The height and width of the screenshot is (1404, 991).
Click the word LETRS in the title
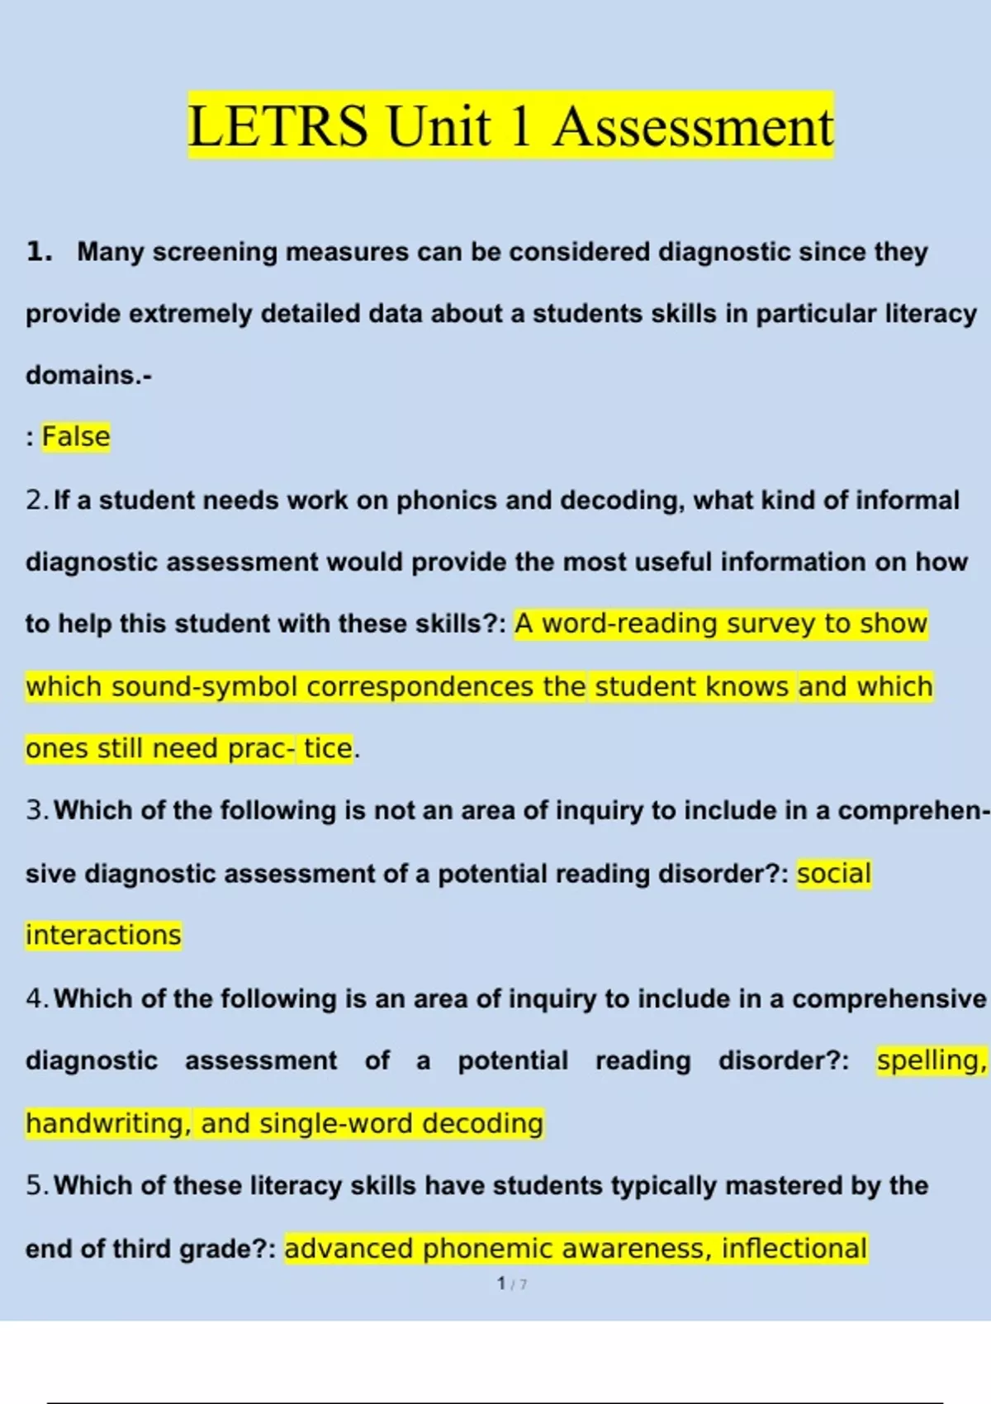click(x=277, y=126)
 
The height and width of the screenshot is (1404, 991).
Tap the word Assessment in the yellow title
click(x=693, y=126)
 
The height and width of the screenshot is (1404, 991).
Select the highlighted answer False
click(x=76, y=436)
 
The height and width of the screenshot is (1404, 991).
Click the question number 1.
click(x=39, y=251)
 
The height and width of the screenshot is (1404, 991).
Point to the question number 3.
click(x=37, y=810)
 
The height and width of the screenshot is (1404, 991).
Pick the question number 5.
click(x=37, y=1186)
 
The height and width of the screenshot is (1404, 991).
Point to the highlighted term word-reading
click(x=629, y=624)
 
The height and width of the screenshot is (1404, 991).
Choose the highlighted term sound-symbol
click(x=204, y=686)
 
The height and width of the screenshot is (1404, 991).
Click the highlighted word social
click(x=834, y=874)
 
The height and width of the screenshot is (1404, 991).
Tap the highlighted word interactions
click(x=103, y=935)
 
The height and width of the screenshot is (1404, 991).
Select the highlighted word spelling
click(x=930, y=1060)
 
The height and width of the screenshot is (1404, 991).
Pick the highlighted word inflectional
click(x=794, y=1249)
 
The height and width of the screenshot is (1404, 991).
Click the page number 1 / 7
click(x=512, y=1283)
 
